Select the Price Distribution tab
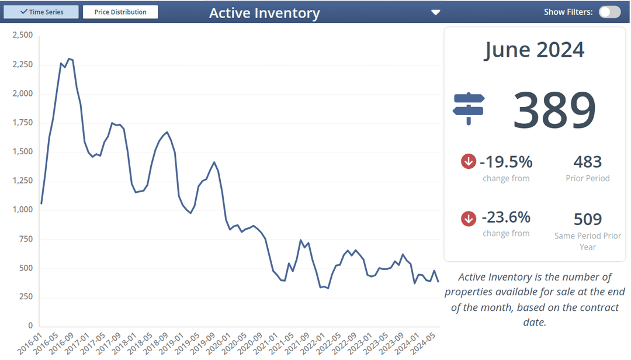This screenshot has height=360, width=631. [120, 12]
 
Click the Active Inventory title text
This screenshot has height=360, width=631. [264, 13]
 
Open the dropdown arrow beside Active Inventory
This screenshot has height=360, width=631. [435, 12]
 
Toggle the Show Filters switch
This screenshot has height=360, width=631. [609, 12]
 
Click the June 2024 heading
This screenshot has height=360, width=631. [534, 50]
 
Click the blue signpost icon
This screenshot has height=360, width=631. [469, 108]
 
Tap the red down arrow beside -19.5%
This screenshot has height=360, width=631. [469, 161]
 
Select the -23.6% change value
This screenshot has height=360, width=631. [506, 217]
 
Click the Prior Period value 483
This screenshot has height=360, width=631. [587, 162]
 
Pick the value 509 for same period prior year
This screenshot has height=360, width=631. [587, 219]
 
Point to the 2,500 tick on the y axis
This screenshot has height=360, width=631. [22, 35]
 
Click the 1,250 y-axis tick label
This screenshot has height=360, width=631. [22, 181]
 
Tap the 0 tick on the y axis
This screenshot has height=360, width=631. [30, 326]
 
